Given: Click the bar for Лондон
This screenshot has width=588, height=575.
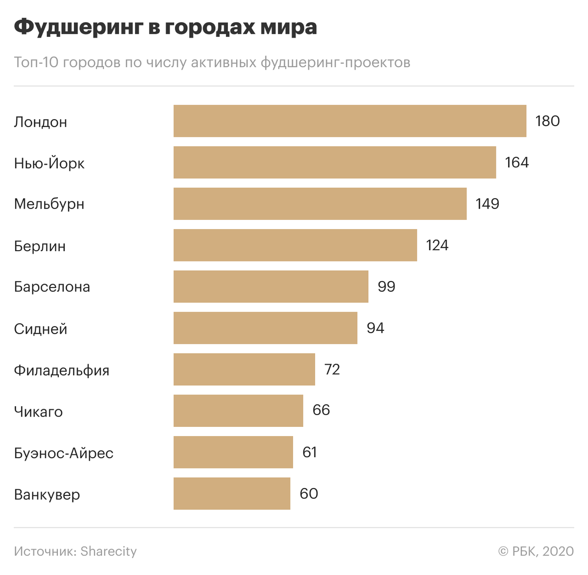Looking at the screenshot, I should pyautogui.click(x=350, y=121).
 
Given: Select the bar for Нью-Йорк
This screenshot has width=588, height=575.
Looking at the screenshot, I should pyautogui.click(x=335, y=162).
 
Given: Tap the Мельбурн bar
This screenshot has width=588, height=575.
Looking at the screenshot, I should pyautogui.click(x=320, y=204).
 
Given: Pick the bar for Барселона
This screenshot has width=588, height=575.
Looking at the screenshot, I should pyautogui.click(x=271, y=287).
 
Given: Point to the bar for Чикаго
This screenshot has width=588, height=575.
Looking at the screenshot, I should pyautogui.click(x=238, y=411).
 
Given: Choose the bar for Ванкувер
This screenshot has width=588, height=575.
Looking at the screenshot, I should pyautogui.click(x=232, y=494).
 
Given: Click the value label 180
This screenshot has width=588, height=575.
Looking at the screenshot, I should pyautogui.click(x=547, y=121).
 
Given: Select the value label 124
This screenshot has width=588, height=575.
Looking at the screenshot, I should pyautogui.click(x=437, y=245).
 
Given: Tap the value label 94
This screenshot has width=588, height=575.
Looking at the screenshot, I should pyautogui.click(x=375, y=328).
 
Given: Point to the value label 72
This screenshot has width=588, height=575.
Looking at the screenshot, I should pyautogui.click(x=332, y=369).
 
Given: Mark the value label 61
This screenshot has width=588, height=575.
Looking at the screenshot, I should pyautogui.click(x=310, y=452).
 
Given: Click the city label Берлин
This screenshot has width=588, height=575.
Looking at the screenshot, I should pyautogui.click(x=40, y=246).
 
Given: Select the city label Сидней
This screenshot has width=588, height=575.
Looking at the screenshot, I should pyautogui.click(x=41, y=329).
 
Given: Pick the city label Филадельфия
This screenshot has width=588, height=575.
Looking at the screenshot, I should pyautogui.click(x=62, y=370).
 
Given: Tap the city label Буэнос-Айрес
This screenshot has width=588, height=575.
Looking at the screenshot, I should pyautogui.click(x=64, y=453).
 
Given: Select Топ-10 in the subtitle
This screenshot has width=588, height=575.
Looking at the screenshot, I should pyautogui.click(x=36, y=63).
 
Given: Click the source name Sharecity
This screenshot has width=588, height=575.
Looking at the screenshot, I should pyautogui.click(x=109, y=551).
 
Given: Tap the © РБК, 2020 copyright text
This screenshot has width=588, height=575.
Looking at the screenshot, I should pyautogui.click(x=536, y=551).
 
